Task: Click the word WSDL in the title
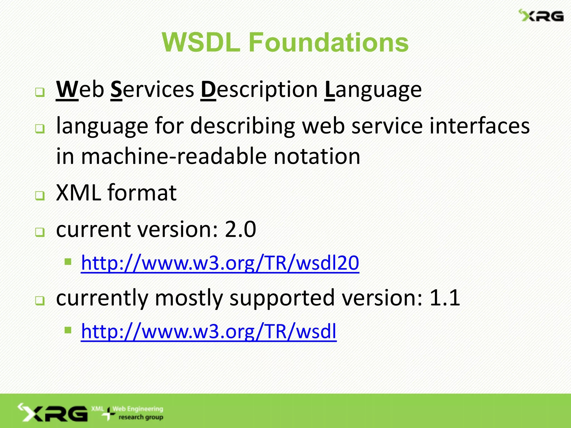tap(201, 42)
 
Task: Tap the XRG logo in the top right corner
tap(541, 16)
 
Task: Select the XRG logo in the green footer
tap(53, 413)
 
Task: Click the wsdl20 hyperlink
tap(220, 263)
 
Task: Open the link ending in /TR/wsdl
tap(209, 331)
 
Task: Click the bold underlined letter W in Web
tap(67, 89)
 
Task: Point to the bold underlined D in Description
tap(208, 89)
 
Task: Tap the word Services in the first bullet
tap(152, 89)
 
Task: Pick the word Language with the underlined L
tap(373, 90)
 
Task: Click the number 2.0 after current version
tap(240, 229)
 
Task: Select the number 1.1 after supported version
tap(445, 298)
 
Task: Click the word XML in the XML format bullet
tap(78, 193)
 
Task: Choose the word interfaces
tap(479, 126)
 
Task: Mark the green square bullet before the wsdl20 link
tap(68, 262)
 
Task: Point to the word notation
tap(317, 156)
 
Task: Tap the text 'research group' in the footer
tap(141, 417)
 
